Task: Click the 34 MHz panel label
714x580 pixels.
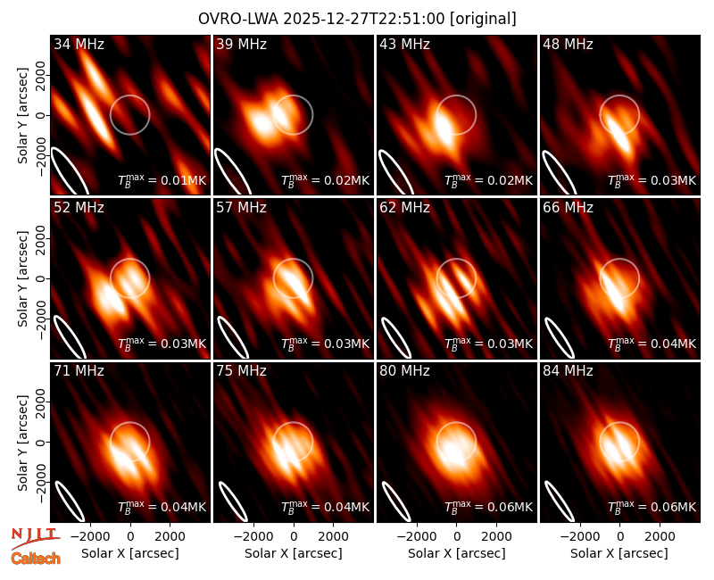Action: (x=79, y=44)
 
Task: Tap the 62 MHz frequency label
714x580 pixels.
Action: (x=405, y=208)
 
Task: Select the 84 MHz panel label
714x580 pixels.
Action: (x=568, y=371)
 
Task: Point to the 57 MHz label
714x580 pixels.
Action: (x=241, y=208)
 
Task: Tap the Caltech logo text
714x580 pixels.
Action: (x=36, y=559)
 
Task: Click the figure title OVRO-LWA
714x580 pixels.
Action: (x=238, y=19)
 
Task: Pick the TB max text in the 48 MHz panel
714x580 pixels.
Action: (x=617, y=180)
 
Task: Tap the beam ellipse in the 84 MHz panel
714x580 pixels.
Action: (x=559, y=501)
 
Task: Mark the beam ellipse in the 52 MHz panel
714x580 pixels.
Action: (x=70, y=336)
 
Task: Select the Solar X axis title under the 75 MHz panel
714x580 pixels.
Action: (x=294, y=553)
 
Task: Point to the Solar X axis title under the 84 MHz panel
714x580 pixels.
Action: (x=619, y=553)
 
